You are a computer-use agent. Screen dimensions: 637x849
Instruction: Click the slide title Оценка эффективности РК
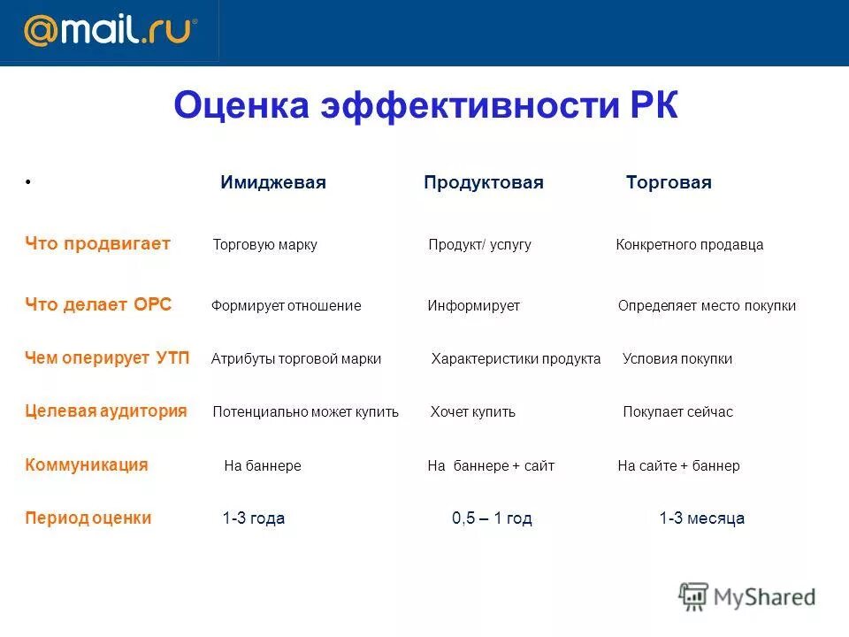point(425,106)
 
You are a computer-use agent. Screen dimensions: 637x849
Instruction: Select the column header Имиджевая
point(273,183)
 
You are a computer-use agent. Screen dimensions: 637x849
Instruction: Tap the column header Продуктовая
point(483,183)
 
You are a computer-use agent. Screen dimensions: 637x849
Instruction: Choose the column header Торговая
point(669,183)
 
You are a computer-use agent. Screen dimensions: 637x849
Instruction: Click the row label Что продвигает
point(97,244)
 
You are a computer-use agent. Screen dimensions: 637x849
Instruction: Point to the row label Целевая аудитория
point(106,411)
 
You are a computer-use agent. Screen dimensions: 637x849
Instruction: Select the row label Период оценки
point(88,518)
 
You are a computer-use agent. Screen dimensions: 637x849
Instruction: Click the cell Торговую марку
point(264,245)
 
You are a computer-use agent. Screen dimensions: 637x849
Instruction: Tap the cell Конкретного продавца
point(689,245)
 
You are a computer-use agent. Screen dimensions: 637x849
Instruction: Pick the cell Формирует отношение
point(286,306)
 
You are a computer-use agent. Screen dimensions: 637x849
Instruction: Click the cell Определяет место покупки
point(707,306)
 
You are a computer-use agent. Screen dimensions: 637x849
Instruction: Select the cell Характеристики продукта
point(516,359)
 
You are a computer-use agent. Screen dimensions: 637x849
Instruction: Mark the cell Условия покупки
point(677,359)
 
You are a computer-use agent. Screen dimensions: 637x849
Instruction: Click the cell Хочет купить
point(472,412)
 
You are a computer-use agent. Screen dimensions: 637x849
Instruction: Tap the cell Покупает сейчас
point(677,412)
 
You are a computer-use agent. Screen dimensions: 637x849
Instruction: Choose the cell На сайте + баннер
point(678,466)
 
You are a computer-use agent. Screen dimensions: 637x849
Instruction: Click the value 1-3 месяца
point(701,518)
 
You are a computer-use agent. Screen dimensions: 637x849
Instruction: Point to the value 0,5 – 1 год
point(492,518)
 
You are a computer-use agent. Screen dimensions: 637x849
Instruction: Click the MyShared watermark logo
point(747,597)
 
